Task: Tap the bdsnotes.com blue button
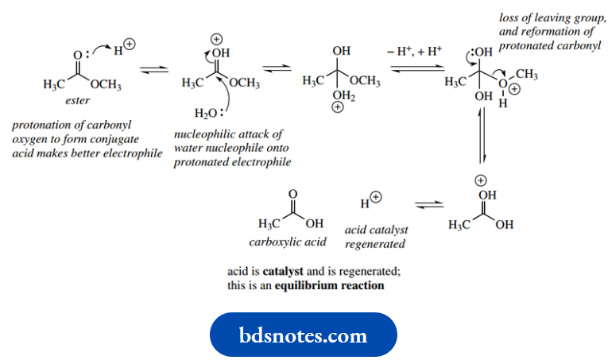click(x=303, y=335)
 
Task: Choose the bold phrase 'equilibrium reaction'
click(x=330, y=285)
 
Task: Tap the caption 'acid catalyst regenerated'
click(x=374, y=237)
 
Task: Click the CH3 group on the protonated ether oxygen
click(x=525, y=75)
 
